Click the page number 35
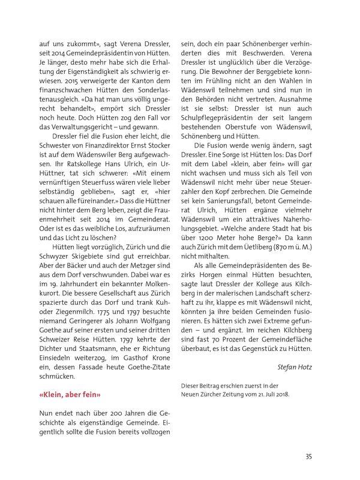coord(308,457)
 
